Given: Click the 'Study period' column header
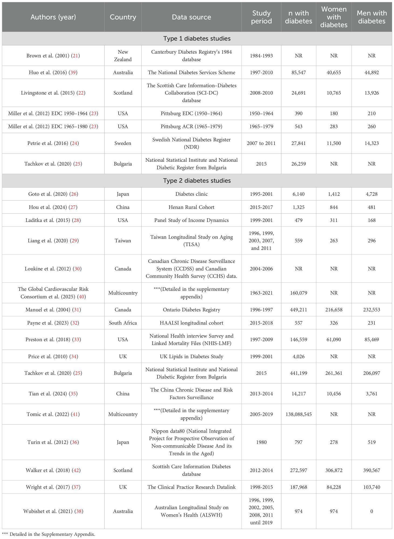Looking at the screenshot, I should (261, 17).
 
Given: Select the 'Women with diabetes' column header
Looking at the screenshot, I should (334, 17).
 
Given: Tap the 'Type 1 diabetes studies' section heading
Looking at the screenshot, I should (197, 39).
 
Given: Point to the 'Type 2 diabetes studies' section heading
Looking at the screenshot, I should (197, 181).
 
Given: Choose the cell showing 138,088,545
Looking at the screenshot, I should (298, 414).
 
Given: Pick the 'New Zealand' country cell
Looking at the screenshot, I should (123, 56).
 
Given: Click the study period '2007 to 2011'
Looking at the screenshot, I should (261, 143).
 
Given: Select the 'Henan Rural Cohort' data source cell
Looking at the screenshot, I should (191, 207).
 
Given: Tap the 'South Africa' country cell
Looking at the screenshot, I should (123, 323).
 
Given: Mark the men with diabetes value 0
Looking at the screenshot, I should (372, 511).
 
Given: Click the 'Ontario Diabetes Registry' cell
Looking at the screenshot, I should (191, 310).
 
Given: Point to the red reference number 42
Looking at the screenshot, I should (76, 470).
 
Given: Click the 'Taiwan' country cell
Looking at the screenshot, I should (123, 241).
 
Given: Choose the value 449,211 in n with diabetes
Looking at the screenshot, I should (298, 310).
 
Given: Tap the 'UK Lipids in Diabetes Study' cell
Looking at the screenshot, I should (191, 356).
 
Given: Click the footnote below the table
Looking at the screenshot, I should (49, 534).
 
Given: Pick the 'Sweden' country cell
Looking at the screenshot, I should (123, 143).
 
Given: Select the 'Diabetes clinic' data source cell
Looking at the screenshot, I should (191, 194).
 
